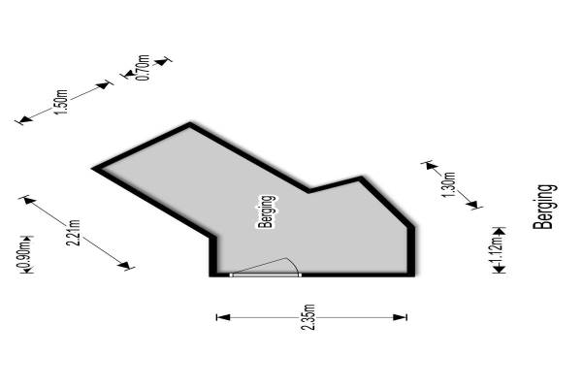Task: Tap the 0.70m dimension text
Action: point(143,68)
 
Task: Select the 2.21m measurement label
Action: point(73,235)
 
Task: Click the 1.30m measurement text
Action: point(447,183)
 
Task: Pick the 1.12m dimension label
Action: point(497,251)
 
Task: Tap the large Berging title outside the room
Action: point(545,207)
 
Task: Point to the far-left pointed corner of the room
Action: point(94,169)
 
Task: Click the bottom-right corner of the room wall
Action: point(413,275)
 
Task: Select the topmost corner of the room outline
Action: point(190,124)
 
